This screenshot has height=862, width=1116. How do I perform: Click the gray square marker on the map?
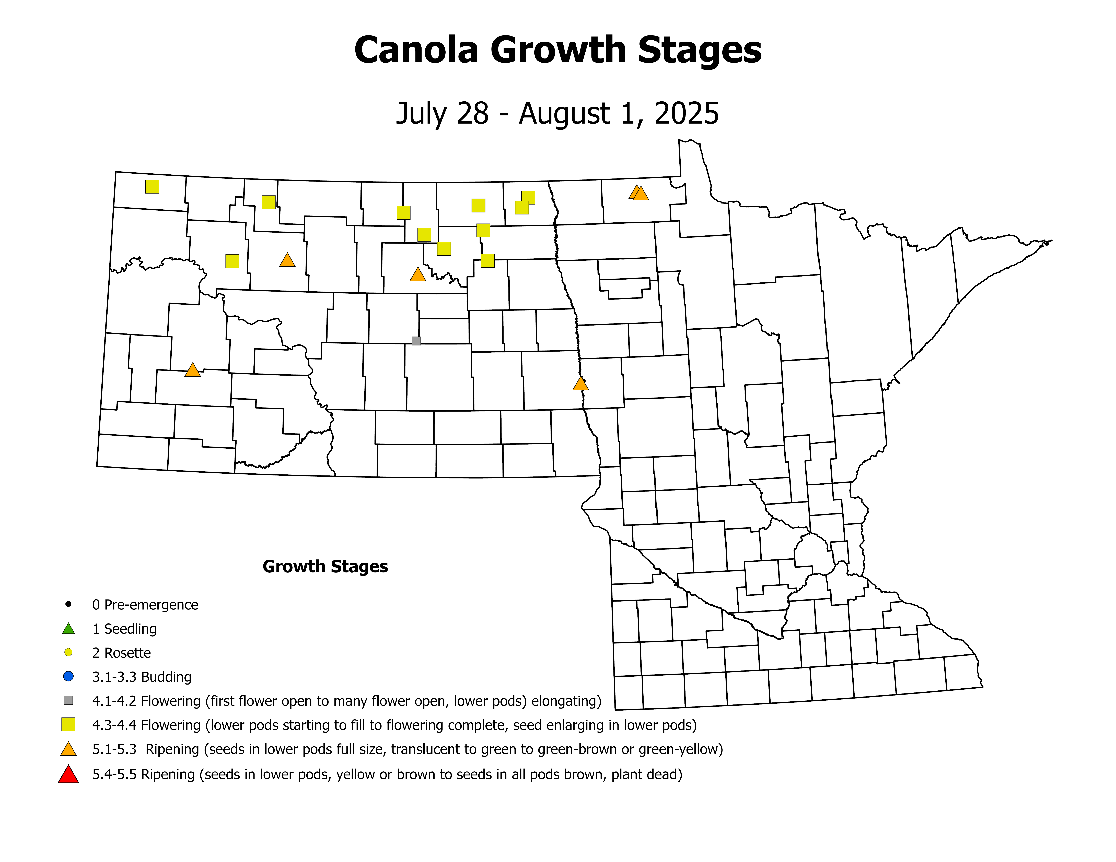pyautogui.click(x=416, y=341)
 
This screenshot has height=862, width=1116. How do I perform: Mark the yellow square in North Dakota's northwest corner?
pyautogui.click(x=152, y=186)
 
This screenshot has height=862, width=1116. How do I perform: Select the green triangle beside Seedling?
pyautogui.click(x=68, y=629)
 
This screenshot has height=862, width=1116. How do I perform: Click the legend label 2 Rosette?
pyautogui.click(x=122, y=653)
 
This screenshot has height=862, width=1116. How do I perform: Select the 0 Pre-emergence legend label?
pyautogui.click(x=145, y=605)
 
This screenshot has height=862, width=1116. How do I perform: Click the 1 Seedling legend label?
pyautogui.click(x=124, y=629)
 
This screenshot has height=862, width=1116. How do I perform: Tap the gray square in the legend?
pyautogui.click(x=68, y=701)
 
